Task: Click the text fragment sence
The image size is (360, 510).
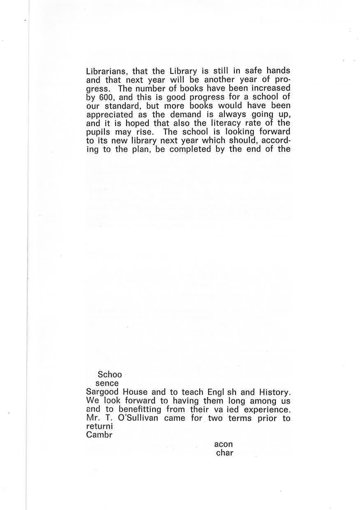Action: pyautogui.click(x=110, y=383)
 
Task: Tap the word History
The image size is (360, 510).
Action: pyautogui.click(x=274, y=392)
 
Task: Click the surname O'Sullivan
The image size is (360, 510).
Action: pyautogui.click(x=134, y=419)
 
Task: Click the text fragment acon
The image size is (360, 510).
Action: pyautogui.click(x=224, y=445)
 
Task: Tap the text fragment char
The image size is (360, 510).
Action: pyautogui.click(x=225, y=453)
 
